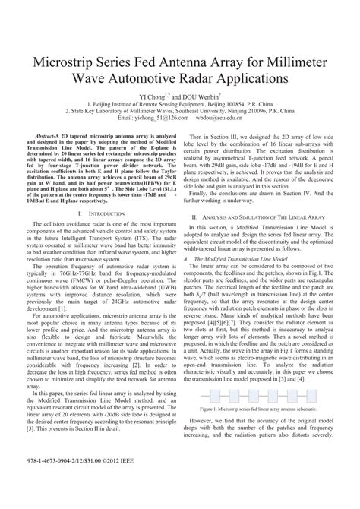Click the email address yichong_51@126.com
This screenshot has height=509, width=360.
pos(159,118)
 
